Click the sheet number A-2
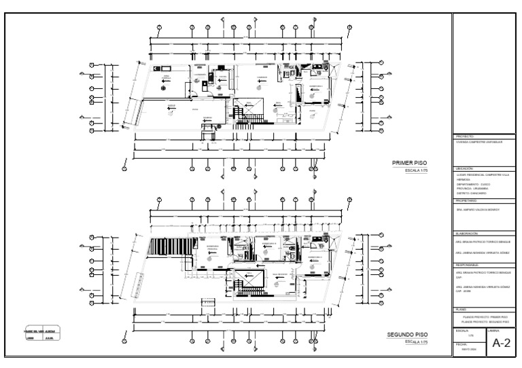point(501,344)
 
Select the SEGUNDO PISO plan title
point(406,335)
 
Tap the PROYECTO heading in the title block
point(466,136)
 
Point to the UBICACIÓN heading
point(466,168)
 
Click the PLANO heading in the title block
point(463,310)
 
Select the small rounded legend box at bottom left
point(40,333)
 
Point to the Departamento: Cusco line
point(474,184)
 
